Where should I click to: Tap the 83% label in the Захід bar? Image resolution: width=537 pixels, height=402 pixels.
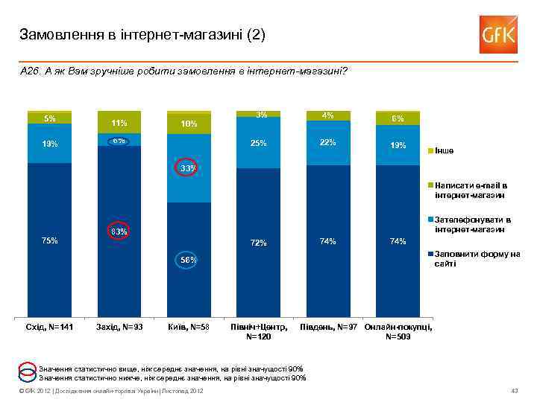pos(119,232)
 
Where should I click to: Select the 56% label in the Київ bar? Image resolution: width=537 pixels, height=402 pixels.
pos(188,260)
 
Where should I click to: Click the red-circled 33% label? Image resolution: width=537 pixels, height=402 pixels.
pos(188,169)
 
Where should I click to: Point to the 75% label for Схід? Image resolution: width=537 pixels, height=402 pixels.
pos(50,240)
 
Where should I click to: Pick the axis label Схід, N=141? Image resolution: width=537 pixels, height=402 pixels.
pos(50,328)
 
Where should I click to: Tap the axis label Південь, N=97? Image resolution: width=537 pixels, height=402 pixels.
pos(329,328)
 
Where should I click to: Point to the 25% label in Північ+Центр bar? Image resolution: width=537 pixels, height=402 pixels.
pos(259,143)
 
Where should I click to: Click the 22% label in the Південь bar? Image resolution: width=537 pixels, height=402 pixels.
pos(328,142)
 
